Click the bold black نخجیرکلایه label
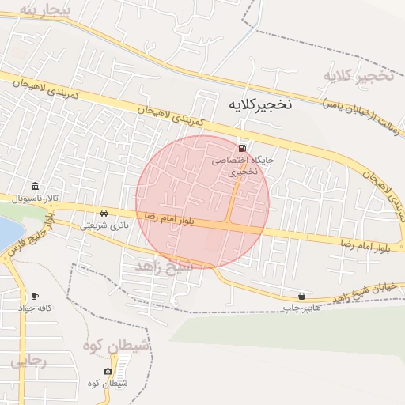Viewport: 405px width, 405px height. tap(260, 104)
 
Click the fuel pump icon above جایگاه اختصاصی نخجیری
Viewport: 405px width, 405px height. tap(241, 148)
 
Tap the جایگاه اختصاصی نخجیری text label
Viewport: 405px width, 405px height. tap(242, 165)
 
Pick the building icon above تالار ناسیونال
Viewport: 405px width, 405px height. tap(36, 187)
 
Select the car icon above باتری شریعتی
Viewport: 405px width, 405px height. tap(104, 214)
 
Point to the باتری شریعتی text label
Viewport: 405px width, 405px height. tap(104, 225)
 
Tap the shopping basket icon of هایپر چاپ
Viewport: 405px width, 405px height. tap(302, 296)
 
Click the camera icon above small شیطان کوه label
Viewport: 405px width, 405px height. tap(108, 371)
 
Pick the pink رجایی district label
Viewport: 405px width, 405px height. tap(29, 361)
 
